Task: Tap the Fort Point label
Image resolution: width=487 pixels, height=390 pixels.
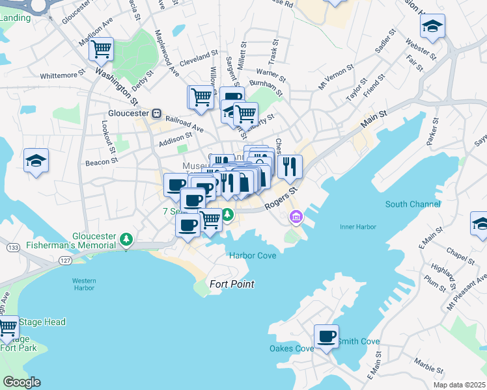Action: point(231,284)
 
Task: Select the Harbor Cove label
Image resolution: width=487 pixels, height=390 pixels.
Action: point(253,255)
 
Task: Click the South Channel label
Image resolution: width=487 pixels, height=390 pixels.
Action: point(412,204)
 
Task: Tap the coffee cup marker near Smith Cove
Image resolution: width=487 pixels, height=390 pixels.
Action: point(326,337)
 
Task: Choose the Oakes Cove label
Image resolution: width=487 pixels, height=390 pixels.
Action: point(291,348)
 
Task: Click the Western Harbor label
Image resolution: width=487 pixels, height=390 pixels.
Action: point(84,283)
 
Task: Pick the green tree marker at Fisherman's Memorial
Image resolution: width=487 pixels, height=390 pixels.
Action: point(127,240)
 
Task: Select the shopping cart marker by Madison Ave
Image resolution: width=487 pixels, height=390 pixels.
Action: point(101,48)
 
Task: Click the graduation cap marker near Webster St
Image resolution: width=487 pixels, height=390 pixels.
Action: point(432,27)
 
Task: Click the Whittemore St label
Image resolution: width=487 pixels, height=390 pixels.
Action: point(63,76)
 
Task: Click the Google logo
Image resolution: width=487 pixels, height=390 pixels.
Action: point(21,382)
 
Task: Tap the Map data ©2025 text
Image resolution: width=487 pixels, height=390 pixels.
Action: point(459,385)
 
